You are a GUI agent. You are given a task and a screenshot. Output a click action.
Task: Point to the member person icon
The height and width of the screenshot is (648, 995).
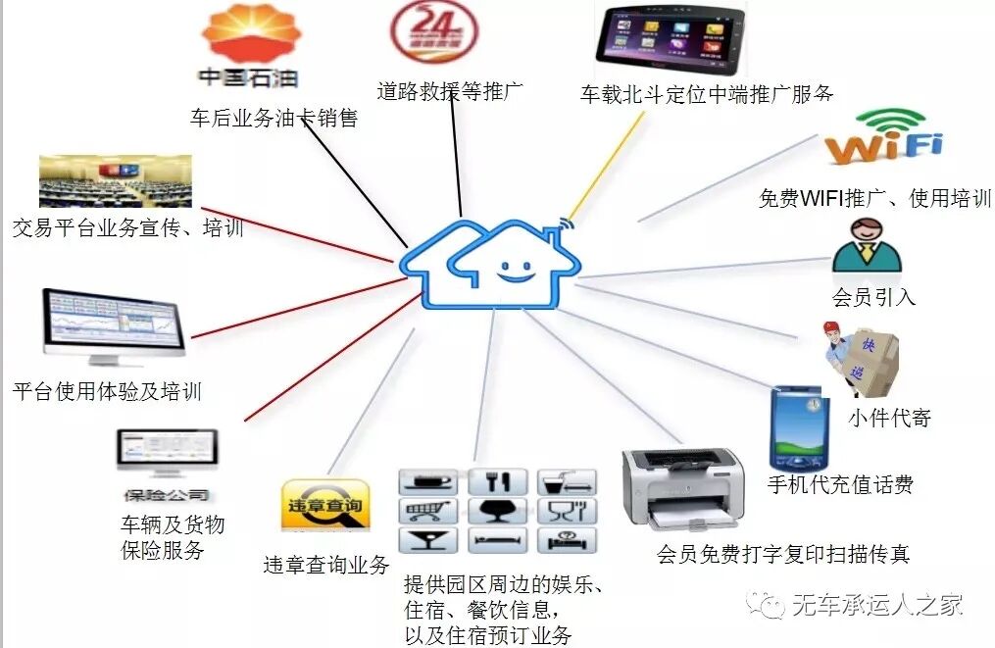(x=867, y=246)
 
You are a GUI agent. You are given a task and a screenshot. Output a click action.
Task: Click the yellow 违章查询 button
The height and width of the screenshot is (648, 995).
(x=325, y=506)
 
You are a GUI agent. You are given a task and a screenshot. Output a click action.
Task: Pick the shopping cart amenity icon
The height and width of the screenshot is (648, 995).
(x=428, y=511)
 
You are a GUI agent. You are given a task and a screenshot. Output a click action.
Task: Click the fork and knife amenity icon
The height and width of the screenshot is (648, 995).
(x=497, y=482)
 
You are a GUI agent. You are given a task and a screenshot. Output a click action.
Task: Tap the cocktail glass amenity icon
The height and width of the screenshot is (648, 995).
(x=428, y=540)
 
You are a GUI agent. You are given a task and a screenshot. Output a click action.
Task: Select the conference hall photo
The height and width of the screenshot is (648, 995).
(x=115, y=180)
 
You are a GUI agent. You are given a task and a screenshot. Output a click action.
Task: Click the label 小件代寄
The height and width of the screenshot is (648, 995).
(x=889, y=419)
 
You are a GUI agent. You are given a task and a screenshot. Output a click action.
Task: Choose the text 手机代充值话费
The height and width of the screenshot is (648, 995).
(x=840, y=484)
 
